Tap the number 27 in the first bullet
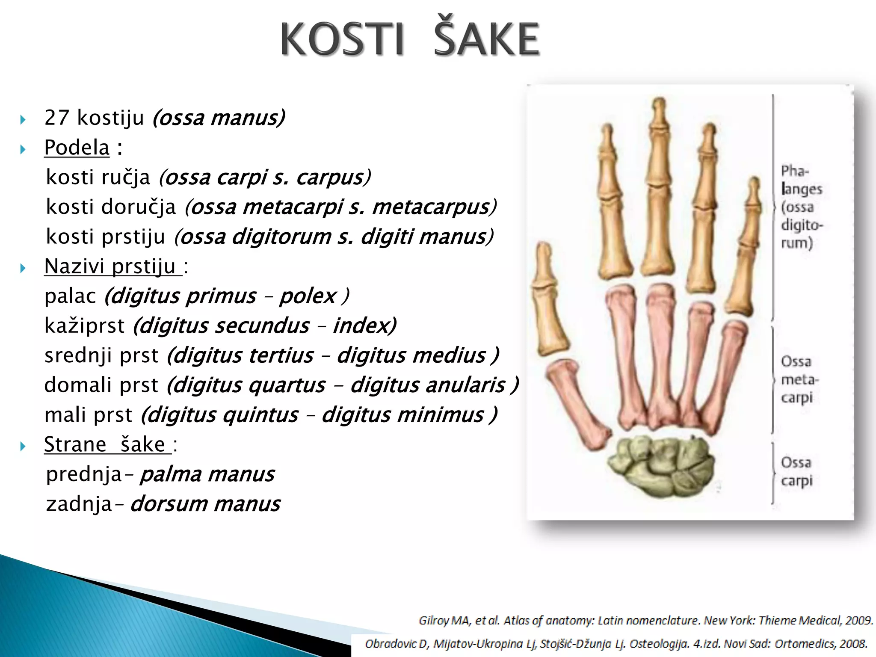click(56, 118)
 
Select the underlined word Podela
click(77, 148)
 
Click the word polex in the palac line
click(308, 296)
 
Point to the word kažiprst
click(84, 326)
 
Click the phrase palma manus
click(207, 474)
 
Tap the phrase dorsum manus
click(205, 504)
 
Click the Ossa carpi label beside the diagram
click(796, 471)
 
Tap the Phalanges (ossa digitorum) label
click(801, 207)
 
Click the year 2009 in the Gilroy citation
click(858, 620)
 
